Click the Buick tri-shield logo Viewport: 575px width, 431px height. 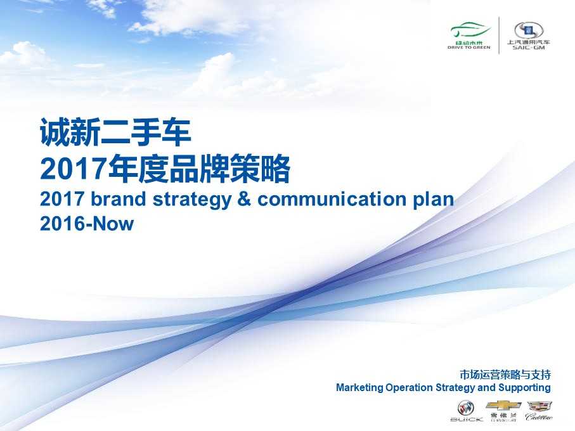tap(466, 408)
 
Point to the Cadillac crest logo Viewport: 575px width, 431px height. tap(539, 406)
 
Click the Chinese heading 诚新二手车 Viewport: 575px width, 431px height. tap(115, 132)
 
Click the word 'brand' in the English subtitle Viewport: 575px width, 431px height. tap(118, 199)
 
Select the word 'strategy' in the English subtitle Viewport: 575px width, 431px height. tap(192, 200)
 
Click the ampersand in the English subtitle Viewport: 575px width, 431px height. tap(244, 200)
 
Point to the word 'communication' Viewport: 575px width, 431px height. tap(332, 199)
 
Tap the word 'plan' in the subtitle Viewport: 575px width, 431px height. tap(434, 200)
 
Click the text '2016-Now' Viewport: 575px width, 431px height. tap(87, 224)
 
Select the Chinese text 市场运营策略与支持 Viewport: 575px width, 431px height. tap(505, 375)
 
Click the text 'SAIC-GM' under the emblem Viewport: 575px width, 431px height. tap(529, 48)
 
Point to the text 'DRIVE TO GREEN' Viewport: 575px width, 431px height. tap(469, 48)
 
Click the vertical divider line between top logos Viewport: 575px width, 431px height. tap(499, 35)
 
